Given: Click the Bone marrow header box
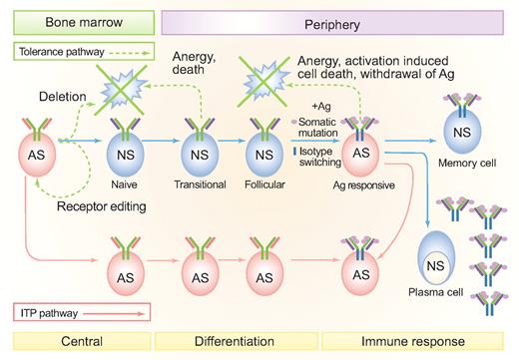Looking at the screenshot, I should pos(78,20).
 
